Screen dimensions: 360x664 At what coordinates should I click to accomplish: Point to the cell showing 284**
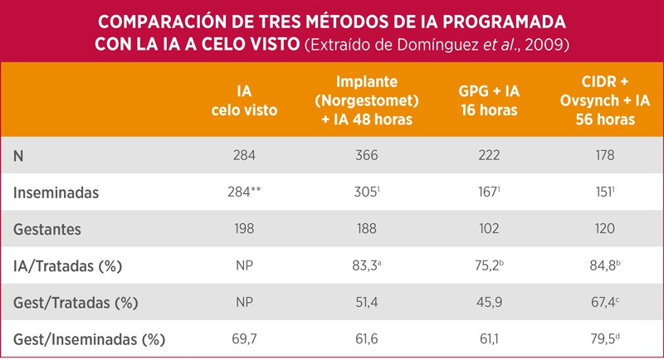pos(247,192)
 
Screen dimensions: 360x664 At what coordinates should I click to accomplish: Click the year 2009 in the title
pos(549,43)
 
